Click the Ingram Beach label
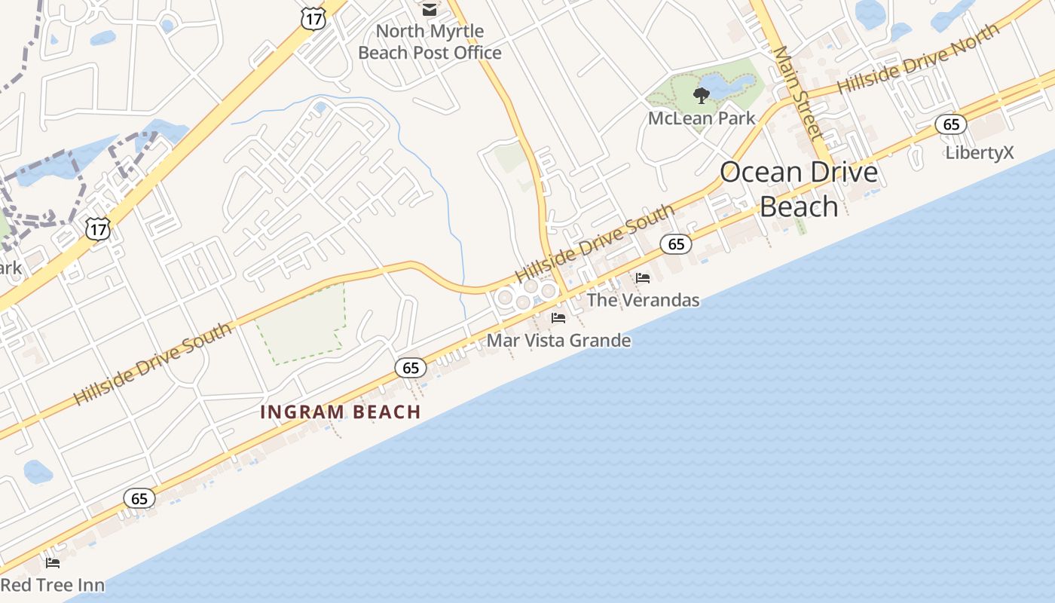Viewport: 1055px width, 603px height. [340, 412]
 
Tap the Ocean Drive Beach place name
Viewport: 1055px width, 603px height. [799, 188]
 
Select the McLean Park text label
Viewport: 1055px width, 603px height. [702, 118]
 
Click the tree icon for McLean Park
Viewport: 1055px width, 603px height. [702, 95]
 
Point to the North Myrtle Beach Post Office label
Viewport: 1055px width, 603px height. [430, 42]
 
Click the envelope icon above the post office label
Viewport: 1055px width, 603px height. [430, 10]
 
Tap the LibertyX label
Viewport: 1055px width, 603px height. [980, 153]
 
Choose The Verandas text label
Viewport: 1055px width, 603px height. [643, 300]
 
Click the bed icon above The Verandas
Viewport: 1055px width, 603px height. [643, 278]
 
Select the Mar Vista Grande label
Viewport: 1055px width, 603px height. [558, 340]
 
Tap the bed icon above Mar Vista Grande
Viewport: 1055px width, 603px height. [558, 318]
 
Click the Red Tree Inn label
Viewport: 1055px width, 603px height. [52, 585]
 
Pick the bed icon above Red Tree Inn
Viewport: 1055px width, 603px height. [53, 562]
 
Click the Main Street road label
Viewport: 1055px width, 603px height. [797, 93]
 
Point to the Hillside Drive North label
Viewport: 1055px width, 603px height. [918, 59]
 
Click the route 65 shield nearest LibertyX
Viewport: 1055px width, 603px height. [951, 124]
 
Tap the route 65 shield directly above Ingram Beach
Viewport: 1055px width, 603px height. [411, 368]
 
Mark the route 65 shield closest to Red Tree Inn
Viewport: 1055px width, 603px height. [139, 498]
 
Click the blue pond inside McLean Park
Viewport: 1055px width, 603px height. [727, 85]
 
